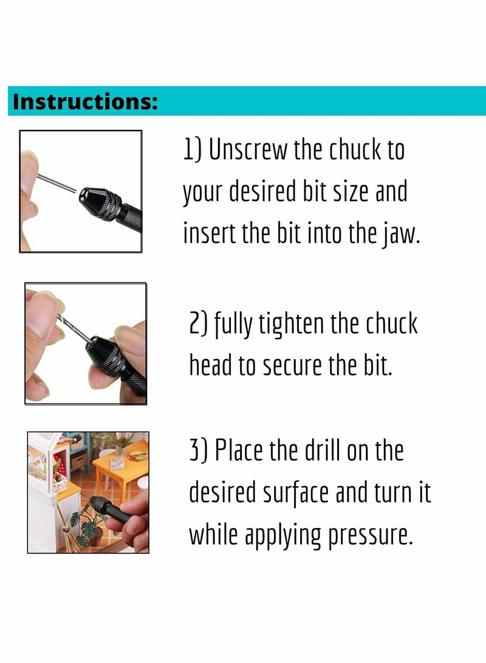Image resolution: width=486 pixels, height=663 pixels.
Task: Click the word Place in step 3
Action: [248, 452]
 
